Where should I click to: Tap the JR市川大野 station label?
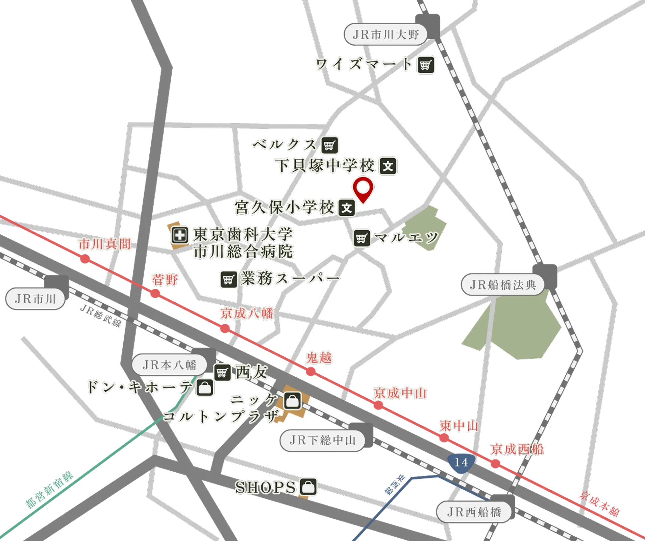click(x=386, y=34)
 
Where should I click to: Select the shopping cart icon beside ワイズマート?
click(x=426, y=65)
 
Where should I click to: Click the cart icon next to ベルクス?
click(x=329, y=145)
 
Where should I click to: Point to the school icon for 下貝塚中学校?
click(x=388, y=166)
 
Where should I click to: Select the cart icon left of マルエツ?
click(x=362, y=238)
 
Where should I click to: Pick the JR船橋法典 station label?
click(x=503, y=285)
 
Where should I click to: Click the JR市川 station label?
click(x=35, y=299)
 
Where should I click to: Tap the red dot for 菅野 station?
click(x=155, y=293)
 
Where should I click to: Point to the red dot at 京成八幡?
click(x=225, y=328)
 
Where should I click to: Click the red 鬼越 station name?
click(x=319, y=358)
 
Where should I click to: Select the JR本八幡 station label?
click(x=169, y=365)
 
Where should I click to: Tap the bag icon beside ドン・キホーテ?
click(x=205, y=387)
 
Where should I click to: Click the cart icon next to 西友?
click(x=222, y=373)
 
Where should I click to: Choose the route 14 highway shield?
click(x=461, y=462)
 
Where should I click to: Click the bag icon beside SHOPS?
click(x=308, y=487)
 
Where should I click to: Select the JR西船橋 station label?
click(x=474, y=512)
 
